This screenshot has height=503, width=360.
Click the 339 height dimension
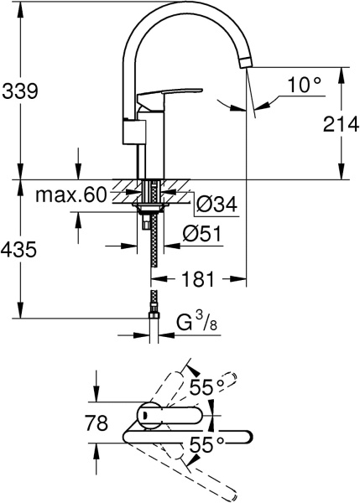point(20,91)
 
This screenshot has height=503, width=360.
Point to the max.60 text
point(71,196)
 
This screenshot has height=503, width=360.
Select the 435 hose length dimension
point(20,250)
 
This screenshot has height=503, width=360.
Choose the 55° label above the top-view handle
point(206,387)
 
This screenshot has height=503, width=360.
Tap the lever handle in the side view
point(168,98)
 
